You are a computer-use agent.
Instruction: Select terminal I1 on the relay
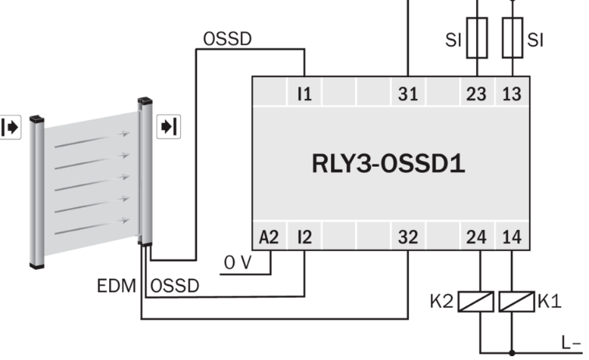click(303, 94)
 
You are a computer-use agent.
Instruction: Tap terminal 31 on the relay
click(407, 94)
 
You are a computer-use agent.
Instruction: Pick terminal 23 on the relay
click(476, 94)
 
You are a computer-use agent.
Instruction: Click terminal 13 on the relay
click(512, 94)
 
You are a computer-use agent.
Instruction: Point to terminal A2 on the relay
click(268, 237)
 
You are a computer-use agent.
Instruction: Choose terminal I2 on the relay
click(303, 237)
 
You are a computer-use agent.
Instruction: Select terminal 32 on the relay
click(407, 237)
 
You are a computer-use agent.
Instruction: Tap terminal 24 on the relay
click(476, 237)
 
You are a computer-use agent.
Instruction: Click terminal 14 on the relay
click(512, 237)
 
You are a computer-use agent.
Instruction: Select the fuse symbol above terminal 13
click(512, 39)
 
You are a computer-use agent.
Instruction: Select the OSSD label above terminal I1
click(227, 39)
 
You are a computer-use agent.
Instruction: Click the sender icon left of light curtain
click(11, 127)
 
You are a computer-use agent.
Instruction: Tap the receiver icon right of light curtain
click(168, 125)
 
